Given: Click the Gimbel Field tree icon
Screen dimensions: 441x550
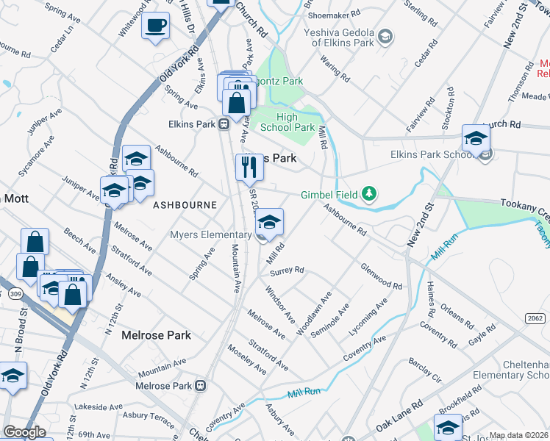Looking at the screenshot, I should tap(369, 195).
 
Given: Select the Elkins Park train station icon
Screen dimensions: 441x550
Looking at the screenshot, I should tap(225, 124).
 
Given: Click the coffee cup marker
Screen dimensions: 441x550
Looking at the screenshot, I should tap(155, 26).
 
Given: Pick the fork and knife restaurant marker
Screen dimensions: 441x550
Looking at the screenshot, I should tap(249, 168).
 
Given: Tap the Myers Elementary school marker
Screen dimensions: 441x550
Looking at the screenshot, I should tap(270, 223).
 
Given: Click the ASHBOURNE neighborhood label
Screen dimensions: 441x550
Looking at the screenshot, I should tap(185, 205).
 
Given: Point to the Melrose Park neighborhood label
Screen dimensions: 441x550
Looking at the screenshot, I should tap(156, 335).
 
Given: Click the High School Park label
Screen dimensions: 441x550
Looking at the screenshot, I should tap(286, 122).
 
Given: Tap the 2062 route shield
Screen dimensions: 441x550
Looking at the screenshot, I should tap(535, 318).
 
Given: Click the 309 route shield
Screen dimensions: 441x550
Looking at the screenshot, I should tap(15, 294).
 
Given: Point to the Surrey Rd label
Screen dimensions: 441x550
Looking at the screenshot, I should tap(287, 270).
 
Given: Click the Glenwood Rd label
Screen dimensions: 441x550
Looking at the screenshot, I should tap(381, 276).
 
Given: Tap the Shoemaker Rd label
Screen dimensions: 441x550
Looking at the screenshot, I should tap(335, 12).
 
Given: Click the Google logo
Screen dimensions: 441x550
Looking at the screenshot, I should tap(24, 432).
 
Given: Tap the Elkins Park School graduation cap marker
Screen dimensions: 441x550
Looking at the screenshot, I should tap(476, 138).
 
